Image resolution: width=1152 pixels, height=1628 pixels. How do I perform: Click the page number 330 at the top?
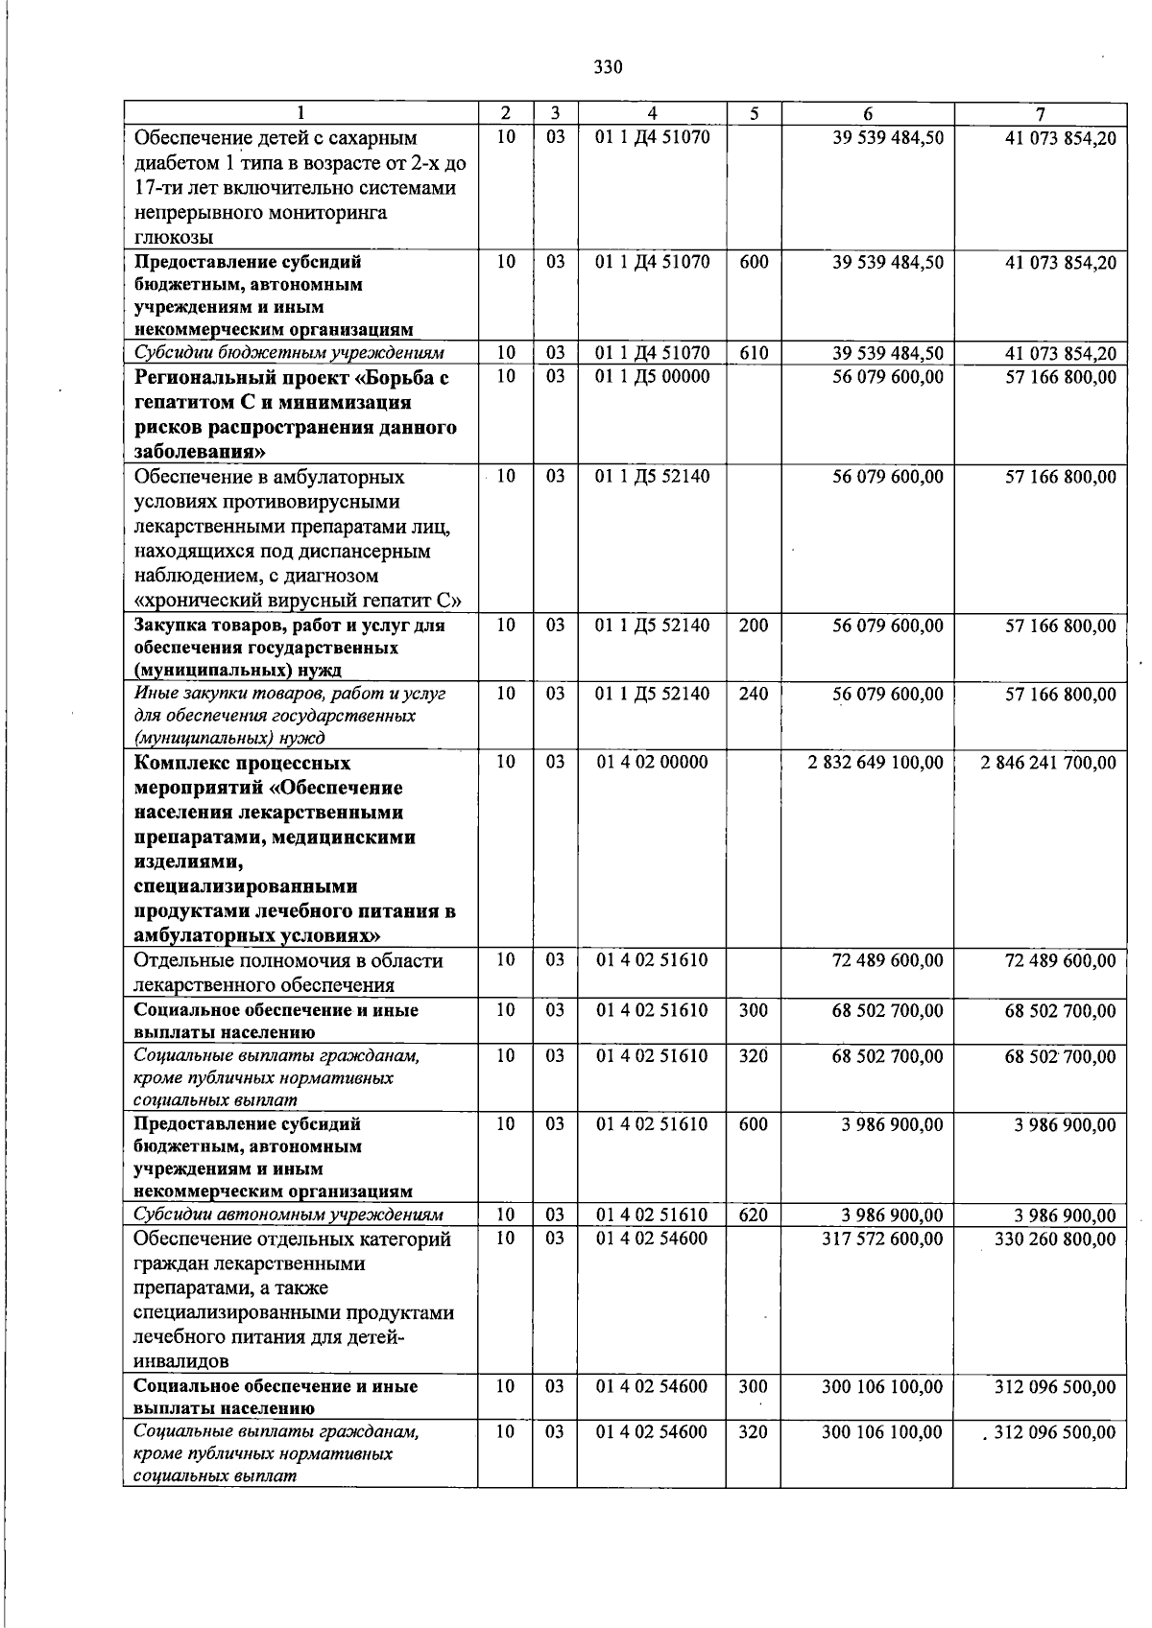pyautogui.click(x=608, y=67)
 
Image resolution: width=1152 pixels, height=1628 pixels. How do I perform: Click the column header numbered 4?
pyautogui.click(x=652, y=113)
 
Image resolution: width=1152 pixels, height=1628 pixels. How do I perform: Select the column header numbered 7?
pyautogui.click(x=1040, y=113)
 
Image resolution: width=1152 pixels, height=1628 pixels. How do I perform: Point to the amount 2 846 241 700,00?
pyautogui.click(x=1048, y=763)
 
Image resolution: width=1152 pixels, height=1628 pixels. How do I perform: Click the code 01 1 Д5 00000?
pyautogui.click(x=652, y=377)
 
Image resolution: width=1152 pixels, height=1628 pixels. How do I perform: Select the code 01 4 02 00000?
pyautogui.click(x=652, y=763)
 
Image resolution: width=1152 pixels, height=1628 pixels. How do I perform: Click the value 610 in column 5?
pyautogui.click(x=754, y=354)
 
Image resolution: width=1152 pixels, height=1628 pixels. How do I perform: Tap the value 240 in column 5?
pyautogui.click(x=754, y=694)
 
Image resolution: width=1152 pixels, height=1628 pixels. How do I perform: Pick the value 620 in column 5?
pyautogui.click(x=754, y=1216)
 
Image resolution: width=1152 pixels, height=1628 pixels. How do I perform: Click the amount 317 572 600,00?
pyautogui.click(x=882, y=1239)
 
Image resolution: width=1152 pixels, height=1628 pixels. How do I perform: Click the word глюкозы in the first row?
pyautogui.click(x=174, y=237)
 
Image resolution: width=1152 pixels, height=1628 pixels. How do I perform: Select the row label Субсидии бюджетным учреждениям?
pyautogui.click(x=288, y=354)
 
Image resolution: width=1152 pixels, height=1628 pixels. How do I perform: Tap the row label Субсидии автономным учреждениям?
pyautogui.click(x=289, y=1216)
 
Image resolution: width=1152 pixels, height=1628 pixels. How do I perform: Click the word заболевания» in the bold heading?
pyautogui.click(x=200, y=452)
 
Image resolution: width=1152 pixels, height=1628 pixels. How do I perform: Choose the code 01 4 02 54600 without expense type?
pyautogui.click(x=652, y=1239)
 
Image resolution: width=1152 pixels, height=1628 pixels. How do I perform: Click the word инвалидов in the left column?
pyautogui.click(x=181, y=1361)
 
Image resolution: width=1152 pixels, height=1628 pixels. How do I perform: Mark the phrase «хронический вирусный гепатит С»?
pyautogui.click(x=299, y=602)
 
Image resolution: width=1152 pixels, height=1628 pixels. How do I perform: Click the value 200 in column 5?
pyautogui.click(x=754, y=625)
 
